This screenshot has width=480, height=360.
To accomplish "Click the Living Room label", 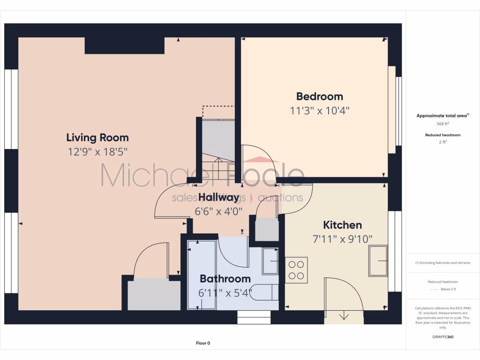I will [97, 137].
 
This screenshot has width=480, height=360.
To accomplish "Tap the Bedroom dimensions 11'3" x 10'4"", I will [319, 111].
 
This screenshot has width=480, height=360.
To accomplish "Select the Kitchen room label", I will [342, 225].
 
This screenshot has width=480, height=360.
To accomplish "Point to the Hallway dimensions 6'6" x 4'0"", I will [218, 211].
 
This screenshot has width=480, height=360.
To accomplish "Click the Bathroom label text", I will [225, 278].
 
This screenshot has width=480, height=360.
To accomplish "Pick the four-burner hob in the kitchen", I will [296, 270].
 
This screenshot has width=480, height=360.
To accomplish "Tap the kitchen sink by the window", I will [378, 260].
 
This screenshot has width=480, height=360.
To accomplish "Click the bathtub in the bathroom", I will [202, 274].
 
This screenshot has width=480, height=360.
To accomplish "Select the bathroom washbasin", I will [270, 261].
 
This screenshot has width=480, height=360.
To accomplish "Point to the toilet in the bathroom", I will [269, 292].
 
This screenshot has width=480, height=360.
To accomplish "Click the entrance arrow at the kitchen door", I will [344, 315].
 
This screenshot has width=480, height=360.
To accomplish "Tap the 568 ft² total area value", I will [442, 124].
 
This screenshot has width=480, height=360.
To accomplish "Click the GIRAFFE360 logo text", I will [442, 337].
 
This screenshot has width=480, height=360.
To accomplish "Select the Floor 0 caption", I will [203, 343].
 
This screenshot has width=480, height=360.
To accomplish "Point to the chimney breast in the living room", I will [124, 46].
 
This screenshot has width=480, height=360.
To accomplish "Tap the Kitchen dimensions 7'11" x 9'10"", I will [342, 239].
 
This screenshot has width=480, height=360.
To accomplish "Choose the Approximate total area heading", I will [442, 115].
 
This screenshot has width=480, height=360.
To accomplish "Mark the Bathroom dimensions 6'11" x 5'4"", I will [225, 293].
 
